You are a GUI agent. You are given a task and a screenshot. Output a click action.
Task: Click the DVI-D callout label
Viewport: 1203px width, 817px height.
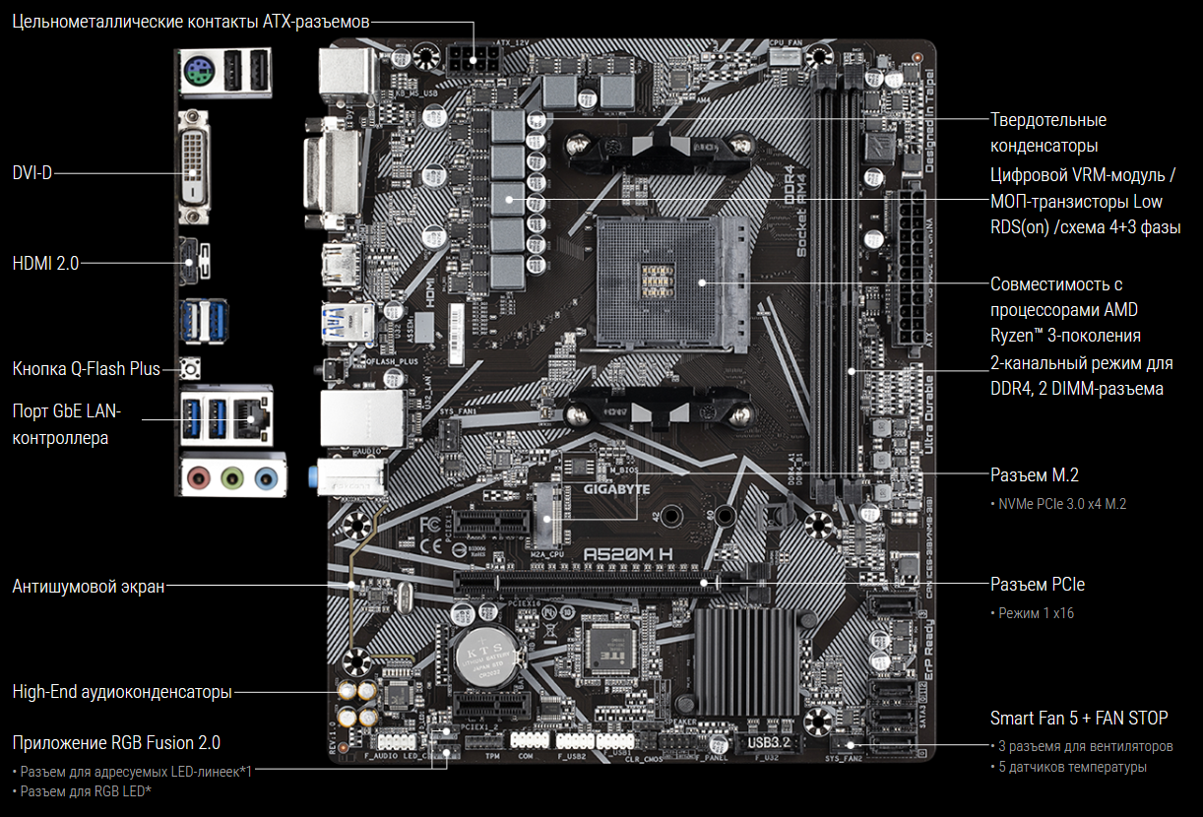(32, 173)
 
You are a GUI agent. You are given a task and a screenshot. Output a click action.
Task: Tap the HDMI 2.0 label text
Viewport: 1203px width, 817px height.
(45, 263)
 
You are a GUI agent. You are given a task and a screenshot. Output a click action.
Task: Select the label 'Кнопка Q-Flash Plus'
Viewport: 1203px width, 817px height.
(86, 369)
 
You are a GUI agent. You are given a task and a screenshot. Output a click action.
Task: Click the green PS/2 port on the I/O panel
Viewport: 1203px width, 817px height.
(197, 72)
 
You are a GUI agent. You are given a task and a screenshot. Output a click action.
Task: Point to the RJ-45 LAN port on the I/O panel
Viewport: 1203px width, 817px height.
(253, 415)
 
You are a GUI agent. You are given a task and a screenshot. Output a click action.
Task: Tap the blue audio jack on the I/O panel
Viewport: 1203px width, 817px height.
(264, 479)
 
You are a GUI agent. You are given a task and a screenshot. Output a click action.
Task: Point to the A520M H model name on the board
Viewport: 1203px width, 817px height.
(628, 554)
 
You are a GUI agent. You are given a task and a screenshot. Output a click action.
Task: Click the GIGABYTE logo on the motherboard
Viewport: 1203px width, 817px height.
(617, 488)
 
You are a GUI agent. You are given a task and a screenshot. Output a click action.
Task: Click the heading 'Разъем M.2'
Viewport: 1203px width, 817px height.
(1034, 475)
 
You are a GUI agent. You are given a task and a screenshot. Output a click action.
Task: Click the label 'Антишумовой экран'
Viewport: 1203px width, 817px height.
(88, 587)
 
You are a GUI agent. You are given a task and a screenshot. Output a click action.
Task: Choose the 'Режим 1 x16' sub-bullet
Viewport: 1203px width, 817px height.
(1036, 613)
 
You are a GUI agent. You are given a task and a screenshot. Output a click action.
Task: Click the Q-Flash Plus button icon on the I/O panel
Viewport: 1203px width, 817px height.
(191, 369)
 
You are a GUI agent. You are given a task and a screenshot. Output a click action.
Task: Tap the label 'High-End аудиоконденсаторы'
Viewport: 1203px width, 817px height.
(122, 692)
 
